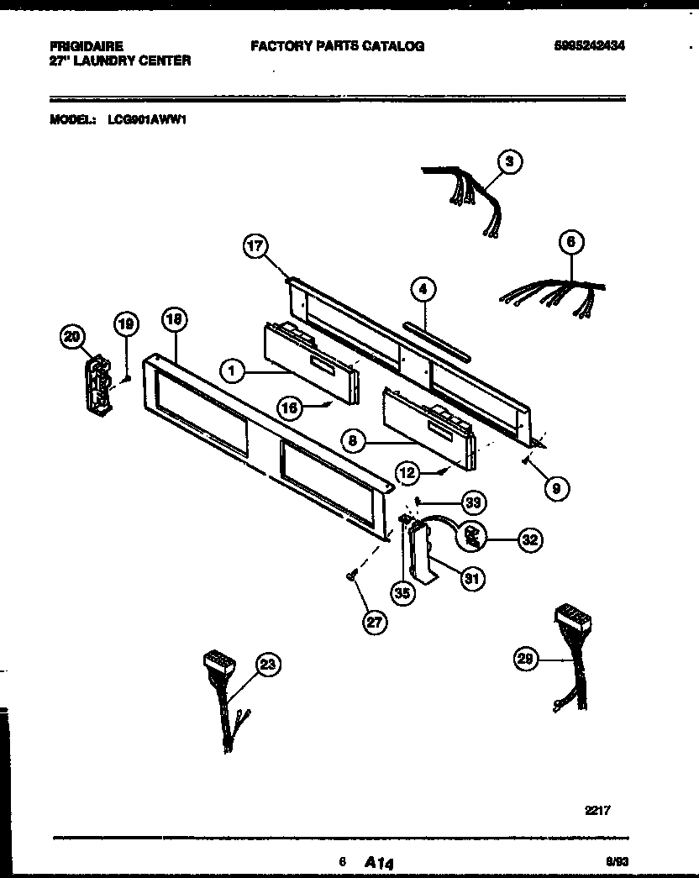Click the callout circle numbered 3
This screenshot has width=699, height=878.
click(x=509, y=160)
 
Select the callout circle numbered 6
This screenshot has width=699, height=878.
click(x=570, y=243)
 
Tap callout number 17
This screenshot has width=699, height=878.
click(x=255, y=246)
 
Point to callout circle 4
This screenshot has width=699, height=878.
click(x=423, y=290)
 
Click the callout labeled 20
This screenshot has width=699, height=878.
click(x=72, y=337)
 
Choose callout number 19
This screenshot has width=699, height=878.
click(x=125, y=322)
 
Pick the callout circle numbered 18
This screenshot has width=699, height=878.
click(x=174, y=319)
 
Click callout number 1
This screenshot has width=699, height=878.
click(x=232, y=368)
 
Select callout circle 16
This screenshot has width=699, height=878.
click(x=290, y=407)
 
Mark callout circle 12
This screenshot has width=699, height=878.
click(x=408, y=474)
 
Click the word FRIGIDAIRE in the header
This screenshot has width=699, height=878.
click(x=87, y=47)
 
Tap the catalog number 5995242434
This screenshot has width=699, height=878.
click(x=590, y=46)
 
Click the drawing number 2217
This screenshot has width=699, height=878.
click(x=597, y=811)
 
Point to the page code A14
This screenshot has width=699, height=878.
click(x=380, y=862)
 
